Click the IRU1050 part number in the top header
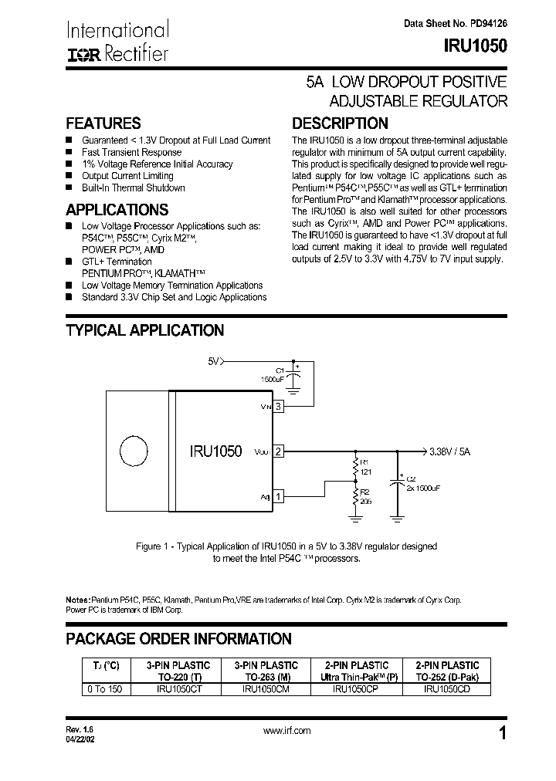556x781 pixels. coord(475,46)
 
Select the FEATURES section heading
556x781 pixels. coord(103,123)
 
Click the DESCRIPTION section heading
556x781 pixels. coord(339,123)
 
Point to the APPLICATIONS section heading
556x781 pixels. coord(117,210)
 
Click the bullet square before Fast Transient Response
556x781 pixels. coord(69,153)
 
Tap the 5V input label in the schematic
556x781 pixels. coord(215,360)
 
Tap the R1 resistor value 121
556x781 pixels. coord(364,471)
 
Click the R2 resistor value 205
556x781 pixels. coord(365,501)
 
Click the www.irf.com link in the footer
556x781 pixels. coord(286,730)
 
